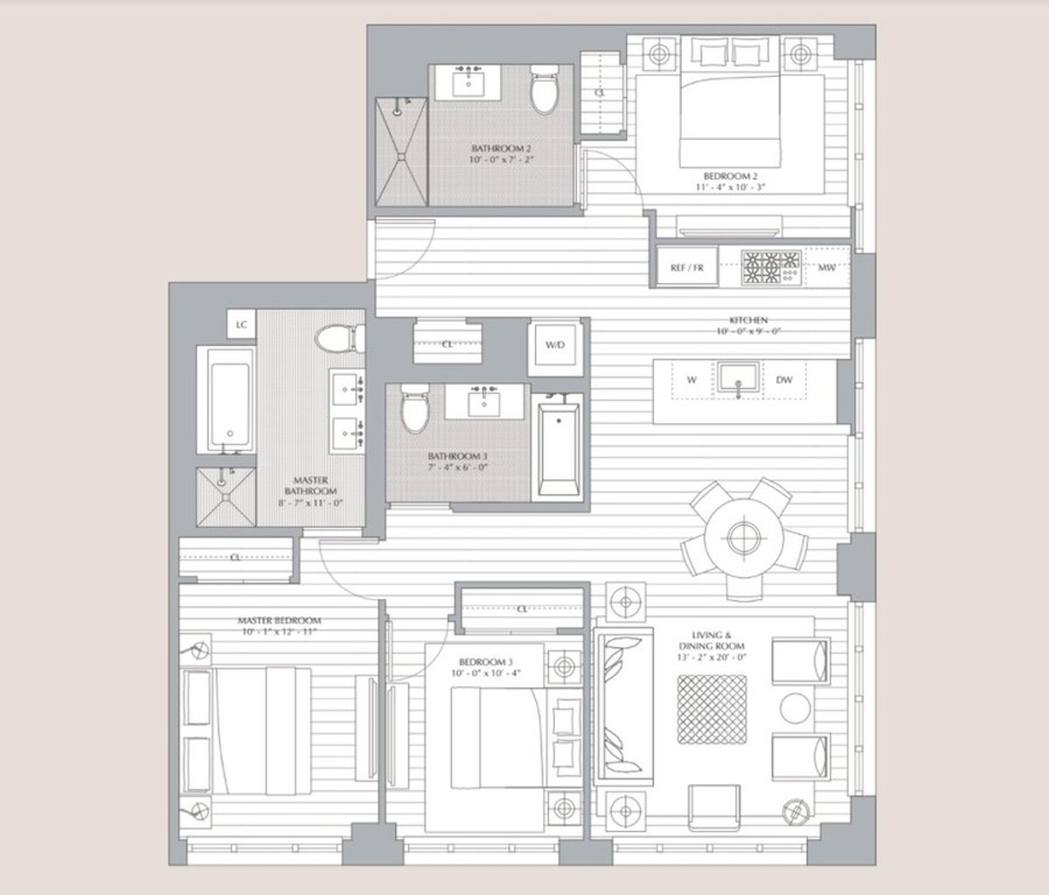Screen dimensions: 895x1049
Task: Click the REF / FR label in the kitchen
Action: [687, 268]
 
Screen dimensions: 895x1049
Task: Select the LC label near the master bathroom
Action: [242, 324]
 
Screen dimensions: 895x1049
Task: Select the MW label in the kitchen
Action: [826, 267]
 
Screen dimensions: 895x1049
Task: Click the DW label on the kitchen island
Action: [784, 380]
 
